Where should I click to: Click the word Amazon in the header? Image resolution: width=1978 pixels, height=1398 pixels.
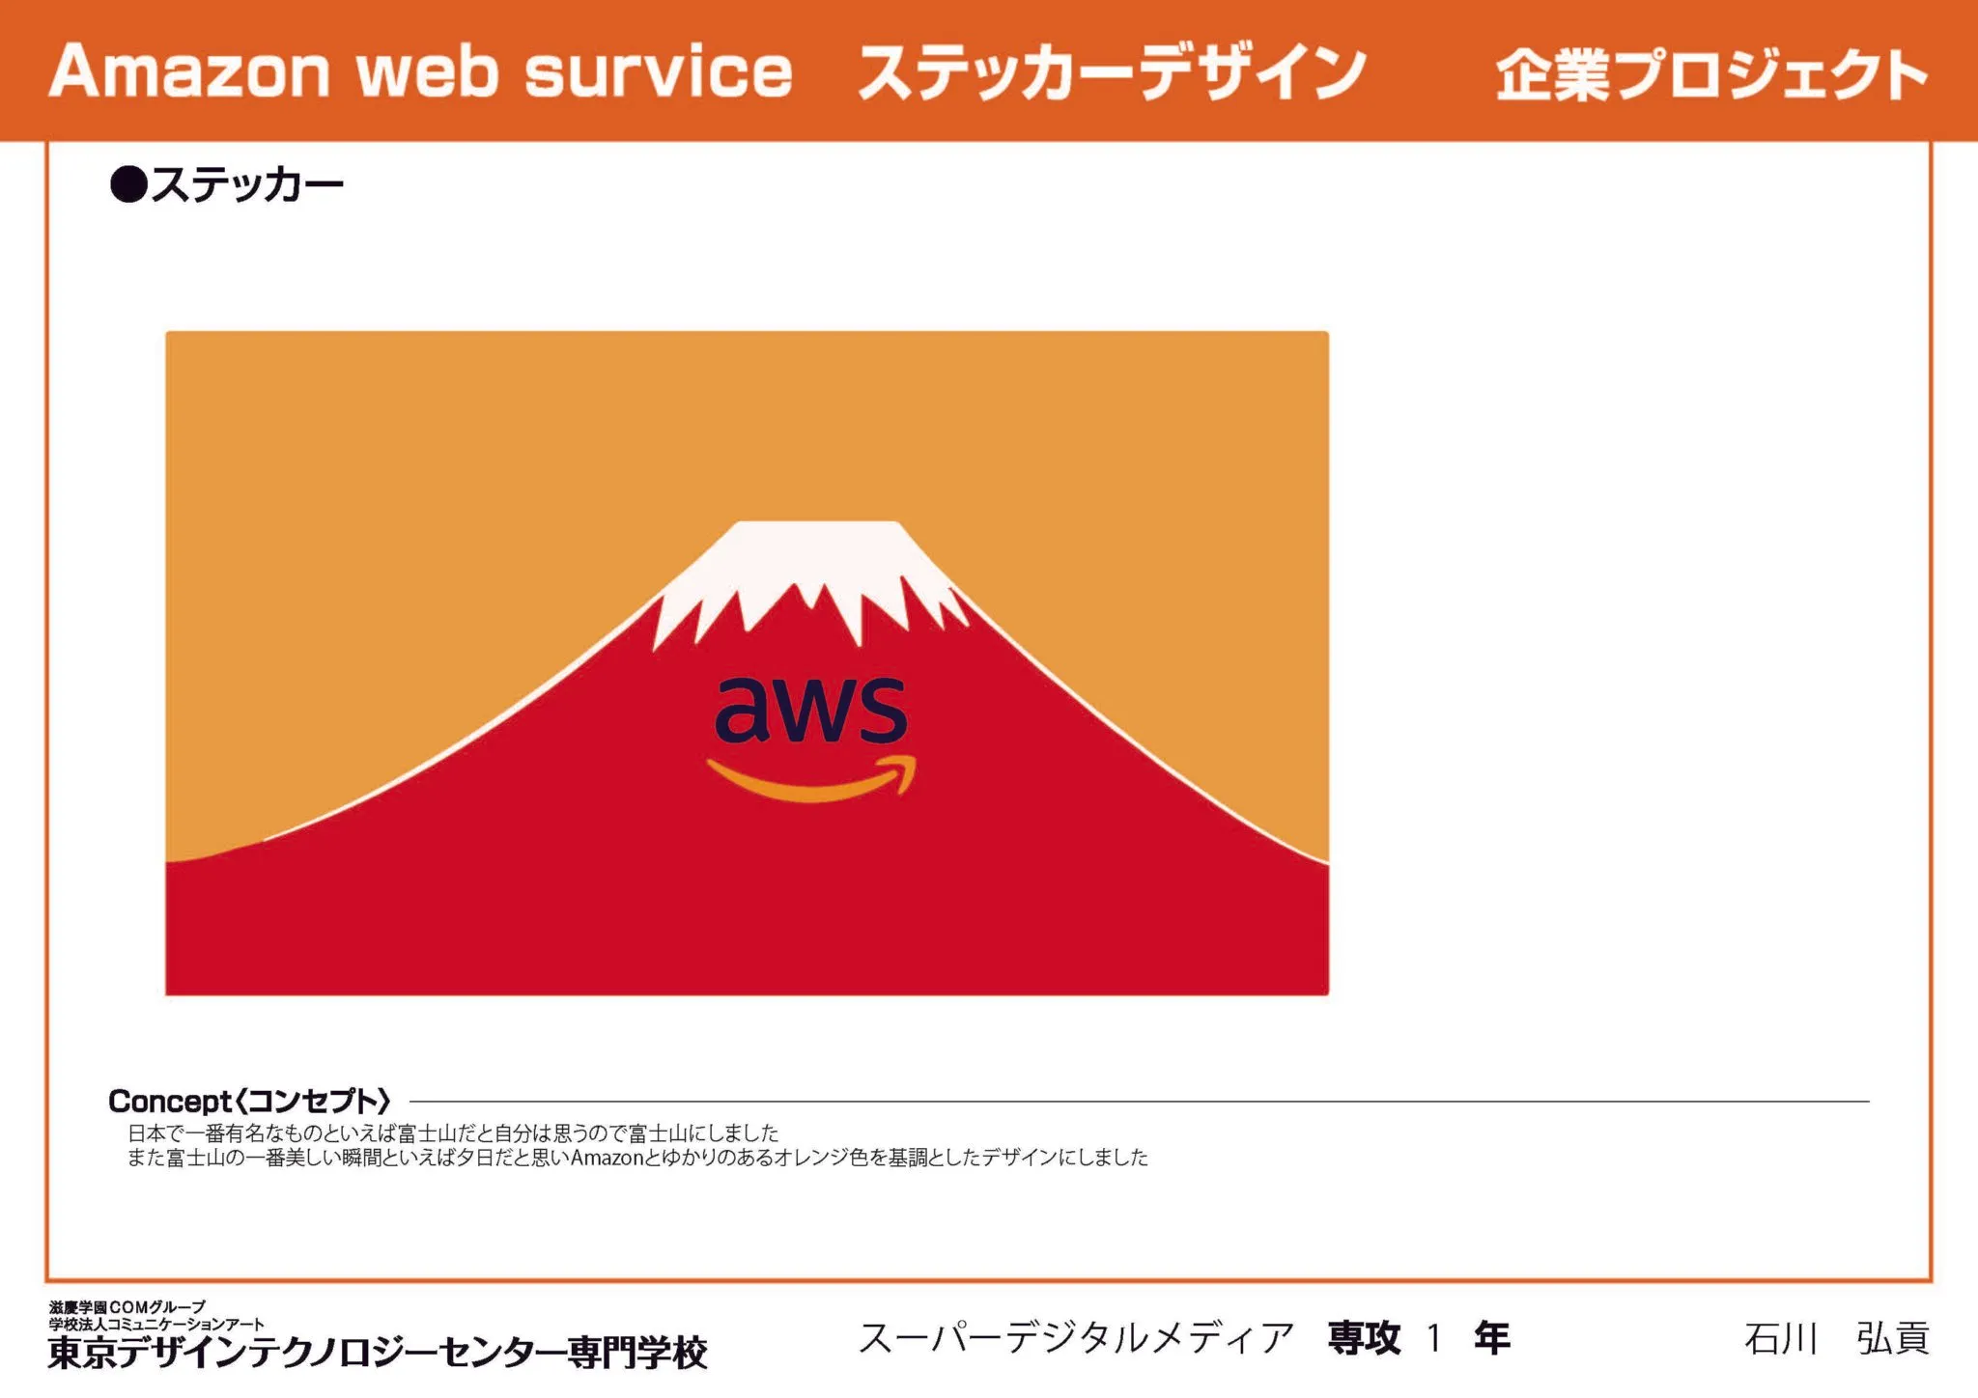pyautogui.click(x=189, y=71)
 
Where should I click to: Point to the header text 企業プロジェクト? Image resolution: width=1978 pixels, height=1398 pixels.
pyautogui.click(x=1711, y=74)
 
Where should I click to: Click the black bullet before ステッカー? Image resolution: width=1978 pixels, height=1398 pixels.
pyautogui.click(x=127, y=183)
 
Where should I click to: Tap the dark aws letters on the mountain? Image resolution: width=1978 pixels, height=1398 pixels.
pyautogui.click(x=811, y=710)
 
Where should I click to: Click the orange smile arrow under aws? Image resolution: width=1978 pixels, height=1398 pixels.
pyautogui.click(x=812, y=779)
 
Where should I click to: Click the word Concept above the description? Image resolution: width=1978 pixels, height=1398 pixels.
pyautogui.click(x=170, y=1101)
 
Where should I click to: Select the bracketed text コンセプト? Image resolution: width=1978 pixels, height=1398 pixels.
pyautogui.click(x=313, y=1101)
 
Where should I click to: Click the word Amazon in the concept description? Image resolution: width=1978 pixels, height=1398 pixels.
pyautogui.click(x=607, y=1157)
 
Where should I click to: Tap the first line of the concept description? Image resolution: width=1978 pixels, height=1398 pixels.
pyautogui.click(x=453, y=1132)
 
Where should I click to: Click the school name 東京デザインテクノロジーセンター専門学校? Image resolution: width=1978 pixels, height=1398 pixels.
pyautogui.click(x=378, y=1352)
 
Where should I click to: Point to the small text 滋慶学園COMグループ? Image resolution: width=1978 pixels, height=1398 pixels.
pyautogui.click(x=127, y=1307)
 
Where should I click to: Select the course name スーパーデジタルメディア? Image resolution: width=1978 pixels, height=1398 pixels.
pyautogui.click(x=1077, y=1338)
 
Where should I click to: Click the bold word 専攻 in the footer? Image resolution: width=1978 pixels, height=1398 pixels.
pyautogui.click(x=1364, y=1338)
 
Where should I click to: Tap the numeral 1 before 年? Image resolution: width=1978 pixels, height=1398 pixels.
pyautogui.click(x=1435, y=1338)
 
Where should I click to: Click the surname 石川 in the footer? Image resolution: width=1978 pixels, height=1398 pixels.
pyautogui.click(x=1781, y=1339)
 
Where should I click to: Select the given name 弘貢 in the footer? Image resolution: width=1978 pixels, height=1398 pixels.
pyautogui.click(x=1893, y=1339)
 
